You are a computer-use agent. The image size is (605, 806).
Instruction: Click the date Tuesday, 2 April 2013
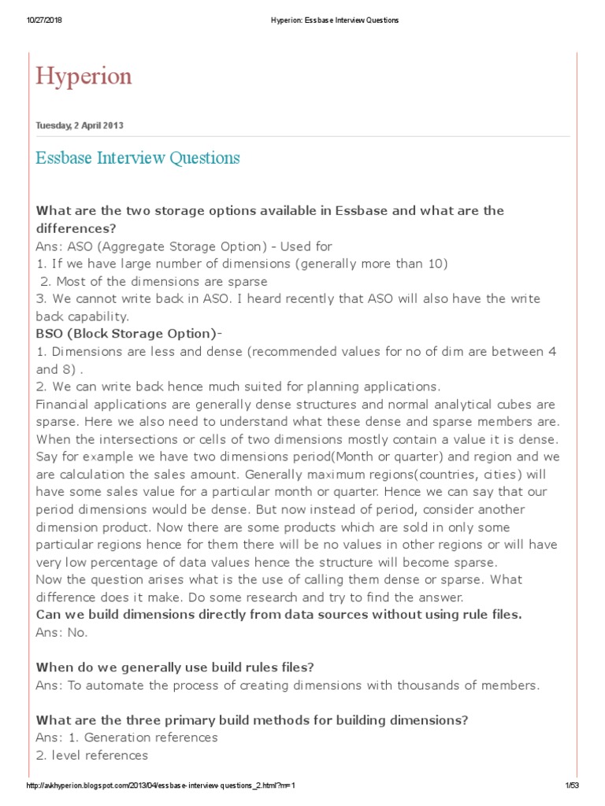80,126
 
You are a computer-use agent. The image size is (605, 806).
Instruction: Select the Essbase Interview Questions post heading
138,158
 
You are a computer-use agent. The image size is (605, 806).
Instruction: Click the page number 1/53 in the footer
572,786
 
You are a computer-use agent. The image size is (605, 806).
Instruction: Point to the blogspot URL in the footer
161,786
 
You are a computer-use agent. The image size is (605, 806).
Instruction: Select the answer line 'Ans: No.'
62,632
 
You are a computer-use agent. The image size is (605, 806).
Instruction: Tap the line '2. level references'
91,755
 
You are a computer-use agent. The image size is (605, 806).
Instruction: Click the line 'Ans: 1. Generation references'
127,738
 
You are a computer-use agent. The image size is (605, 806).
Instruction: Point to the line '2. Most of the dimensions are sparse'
154,281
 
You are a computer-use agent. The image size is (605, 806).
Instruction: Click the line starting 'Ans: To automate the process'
288,685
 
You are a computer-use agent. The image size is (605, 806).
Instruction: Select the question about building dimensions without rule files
279,615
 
